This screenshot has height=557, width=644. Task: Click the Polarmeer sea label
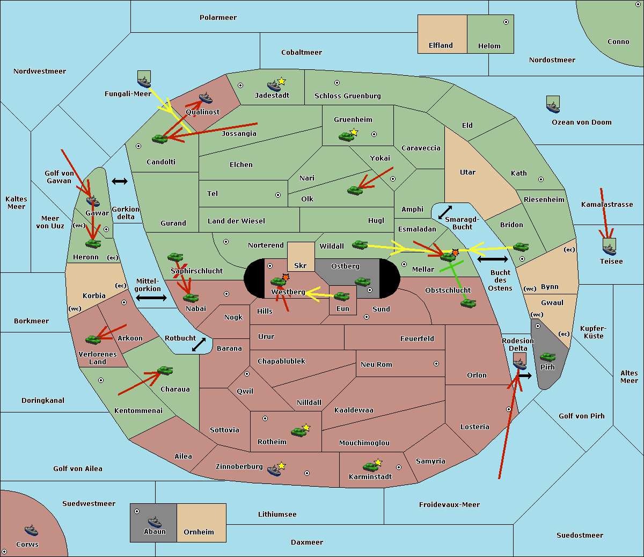point(218,18)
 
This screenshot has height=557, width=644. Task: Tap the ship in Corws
point(31,530)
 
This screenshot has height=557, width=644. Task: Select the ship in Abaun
point(155,522)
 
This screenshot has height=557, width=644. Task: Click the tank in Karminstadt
point(370,467)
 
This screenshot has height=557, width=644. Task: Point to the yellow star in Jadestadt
point(281,81)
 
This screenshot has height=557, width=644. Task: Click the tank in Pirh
point(547,357)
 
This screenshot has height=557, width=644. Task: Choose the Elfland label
point(441,46)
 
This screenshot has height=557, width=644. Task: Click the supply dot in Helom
point(506,22)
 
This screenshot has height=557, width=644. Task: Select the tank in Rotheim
point(298,432)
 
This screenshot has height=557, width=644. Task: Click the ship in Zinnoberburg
point(274,471)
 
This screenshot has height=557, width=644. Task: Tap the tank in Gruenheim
point(347,136)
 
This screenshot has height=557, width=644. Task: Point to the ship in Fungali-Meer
point(144,82)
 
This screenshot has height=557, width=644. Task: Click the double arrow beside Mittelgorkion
point(151,298)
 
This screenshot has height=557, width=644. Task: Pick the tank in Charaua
point(165,371)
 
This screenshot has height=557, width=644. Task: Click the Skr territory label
point(301,265)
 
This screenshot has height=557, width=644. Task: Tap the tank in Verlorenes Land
point(93,339)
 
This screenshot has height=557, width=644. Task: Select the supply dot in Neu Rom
point(436,364)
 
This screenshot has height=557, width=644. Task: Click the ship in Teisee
point(609,250)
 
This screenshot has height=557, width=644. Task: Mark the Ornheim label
point(199,532)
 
